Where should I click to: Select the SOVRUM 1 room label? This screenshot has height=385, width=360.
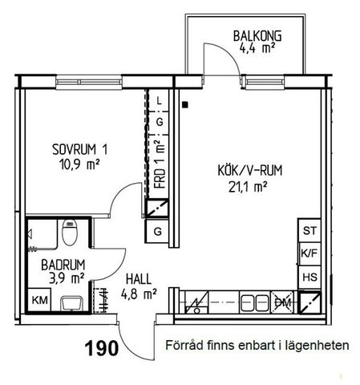[79, 149]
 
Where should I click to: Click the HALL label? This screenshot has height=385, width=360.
[140, 280]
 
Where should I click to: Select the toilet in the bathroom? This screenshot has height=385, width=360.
[69, 235]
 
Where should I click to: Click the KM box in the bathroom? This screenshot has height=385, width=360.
[38, 301]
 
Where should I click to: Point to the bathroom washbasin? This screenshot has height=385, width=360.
[71, 302]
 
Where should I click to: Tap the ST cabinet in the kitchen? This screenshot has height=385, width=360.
[309, 231]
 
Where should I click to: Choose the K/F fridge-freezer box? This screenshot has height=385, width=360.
[309, 254]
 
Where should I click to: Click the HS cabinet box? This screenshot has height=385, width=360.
[309, 277]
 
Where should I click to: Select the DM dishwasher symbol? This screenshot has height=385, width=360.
[282, 302]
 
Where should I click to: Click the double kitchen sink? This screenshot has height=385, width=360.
[256, 302]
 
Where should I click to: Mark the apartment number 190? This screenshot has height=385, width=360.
[102, 348]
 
